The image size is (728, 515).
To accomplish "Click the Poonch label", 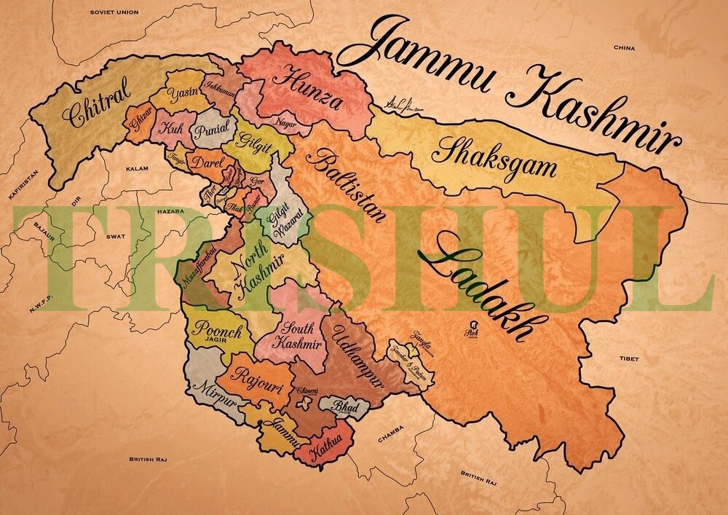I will pyautogui.click(x=216, y=329).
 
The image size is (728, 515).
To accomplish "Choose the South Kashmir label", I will pyautogui.click(x=298, y=335).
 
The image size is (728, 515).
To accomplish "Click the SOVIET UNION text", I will pyautogui.click(x=113, y=12).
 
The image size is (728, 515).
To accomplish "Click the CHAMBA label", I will pyautogui.click(x=391, y=439).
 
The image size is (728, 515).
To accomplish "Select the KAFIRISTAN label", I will pyautogui.click(x=17, y=188).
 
